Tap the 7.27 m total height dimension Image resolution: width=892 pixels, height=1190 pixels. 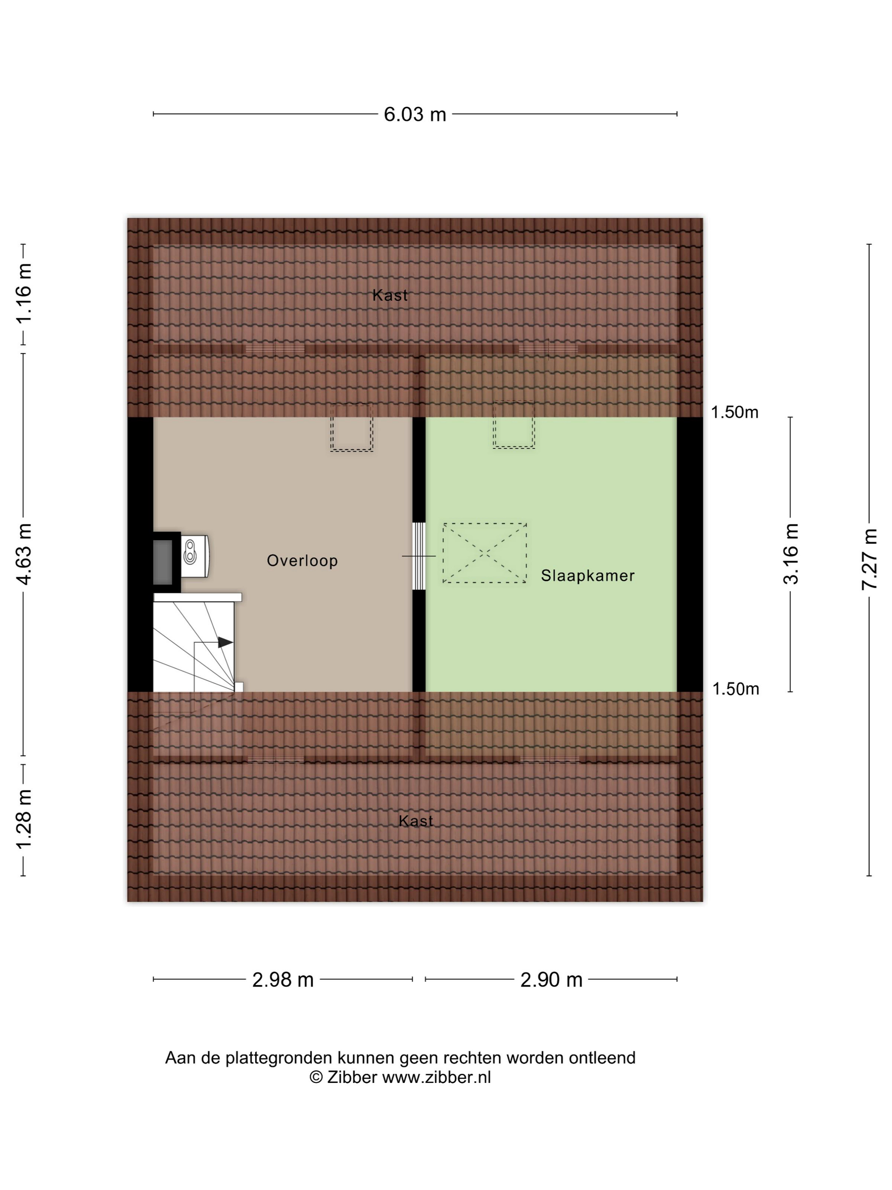tap(869, 559)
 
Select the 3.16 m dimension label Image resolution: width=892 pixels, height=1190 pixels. tap(791, 554)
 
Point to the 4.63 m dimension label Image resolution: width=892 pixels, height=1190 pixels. tap(24, 554)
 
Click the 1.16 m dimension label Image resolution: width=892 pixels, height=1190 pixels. tap(24, 294)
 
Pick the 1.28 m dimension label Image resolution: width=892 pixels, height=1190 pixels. tap(24, 819)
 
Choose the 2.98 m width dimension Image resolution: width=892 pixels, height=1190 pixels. tap(283, 980)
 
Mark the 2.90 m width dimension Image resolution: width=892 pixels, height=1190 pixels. tap(551, 980)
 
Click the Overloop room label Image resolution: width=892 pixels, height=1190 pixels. tap(302, 561)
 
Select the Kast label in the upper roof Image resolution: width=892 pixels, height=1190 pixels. tap(390, 295)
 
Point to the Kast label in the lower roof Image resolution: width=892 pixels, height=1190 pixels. tap(415, 821)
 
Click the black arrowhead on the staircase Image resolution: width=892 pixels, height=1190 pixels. tap(225, 642)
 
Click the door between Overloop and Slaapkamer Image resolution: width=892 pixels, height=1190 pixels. tap(419, 556)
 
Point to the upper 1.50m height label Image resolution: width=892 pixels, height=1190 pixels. tap(734, 413)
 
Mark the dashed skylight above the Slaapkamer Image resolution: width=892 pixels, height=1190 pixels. tap(514, 425)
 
